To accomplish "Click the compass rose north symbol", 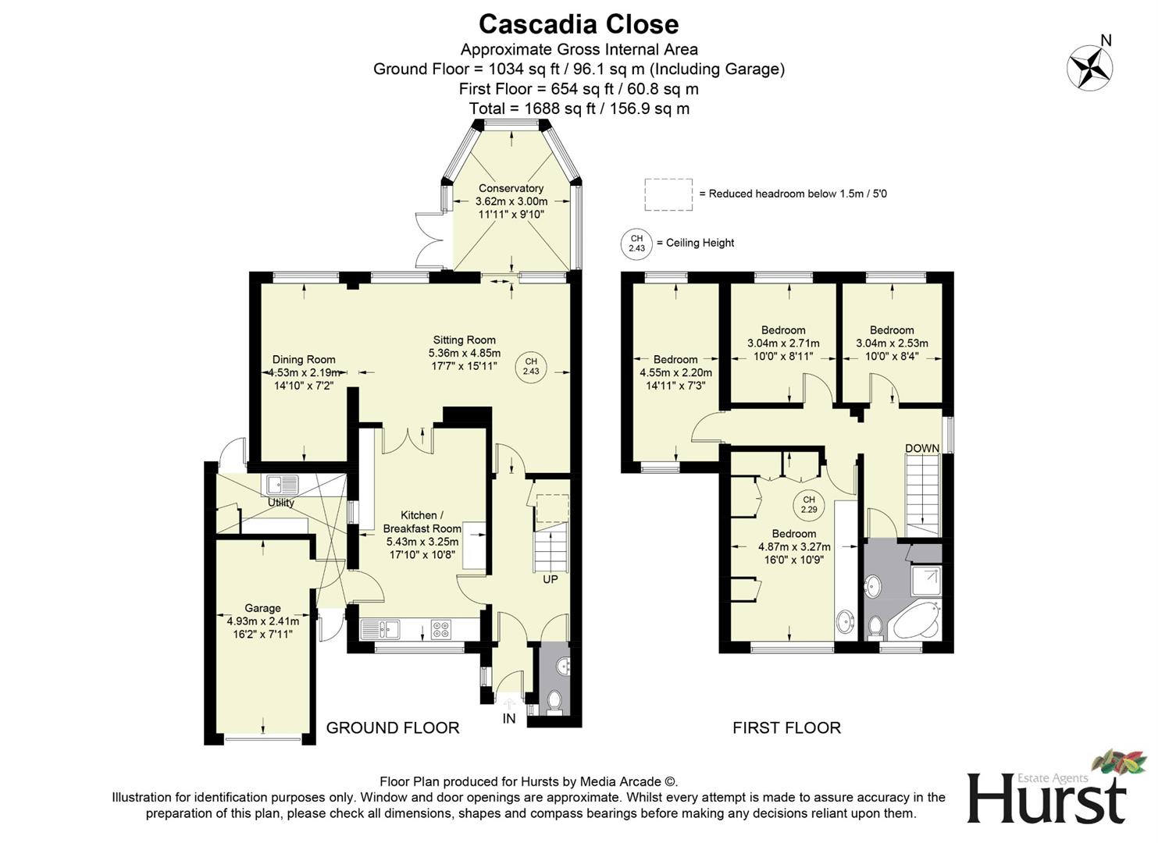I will (1090, 66).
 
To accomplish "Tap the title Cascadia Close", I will (579, 24).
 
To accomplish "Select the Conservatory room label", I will (511, 188).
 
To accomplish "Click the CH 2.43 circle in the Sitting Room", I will (531, 366).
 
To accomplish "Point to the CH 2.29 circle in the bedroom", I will (808, 505).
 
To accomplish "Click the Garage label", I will (262, 608).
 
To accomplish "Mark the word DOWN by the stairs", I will (922, 448).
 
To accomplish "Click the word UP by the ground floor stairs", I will (550, 580).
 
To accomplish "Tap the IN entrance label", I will (509, 718).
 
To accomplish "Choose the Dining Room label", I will (304, 360).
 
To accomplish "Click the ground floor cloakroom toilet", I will (555, 700).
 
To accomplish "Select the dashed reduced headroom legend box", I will (668, 194).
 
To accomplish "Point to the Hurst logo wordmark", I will (1046, 798).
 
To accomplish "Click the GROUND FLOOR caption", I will (392, 727).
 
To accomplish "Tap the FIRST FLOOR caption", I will (786, 727).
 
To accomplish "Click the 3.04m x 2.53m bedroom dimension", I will (892, 343).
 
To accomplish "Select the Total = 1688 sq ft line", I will (579, 108).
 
